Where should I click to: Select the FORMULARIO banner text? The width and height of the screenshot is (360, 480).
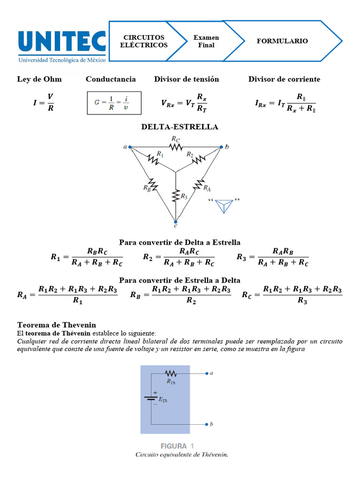282,41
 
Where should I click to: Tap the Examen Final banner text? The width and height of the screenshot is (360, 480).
206,41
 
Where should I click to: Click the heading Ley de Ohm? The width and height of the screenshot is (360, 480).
39,79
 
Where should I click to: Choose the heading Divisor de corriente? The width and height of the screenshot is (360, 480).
284,79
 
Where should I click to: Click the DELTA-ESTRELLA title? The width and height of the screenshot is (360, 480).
180,127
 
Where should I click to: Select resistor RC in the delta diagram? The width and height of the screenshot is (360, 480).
176,147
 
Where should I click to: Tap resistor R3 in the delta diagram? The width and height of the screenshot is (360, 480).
175,195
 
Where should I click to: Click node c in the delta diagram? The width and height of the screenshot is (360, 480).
175,222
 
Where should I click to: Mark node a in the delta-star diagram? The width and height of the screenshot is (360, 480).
130,147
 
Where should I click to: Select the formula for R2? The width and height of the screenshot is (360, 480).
178,257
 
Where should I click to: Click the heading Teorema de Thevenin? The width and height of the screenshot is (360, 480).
57,325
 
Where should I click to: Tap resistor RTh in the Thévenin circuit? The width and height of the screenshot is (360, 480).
170,374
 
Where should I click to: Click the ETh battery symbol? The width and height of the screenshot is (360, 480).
150,398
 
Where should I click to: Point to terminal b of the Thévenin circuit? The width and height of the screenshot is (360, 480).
207,424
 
